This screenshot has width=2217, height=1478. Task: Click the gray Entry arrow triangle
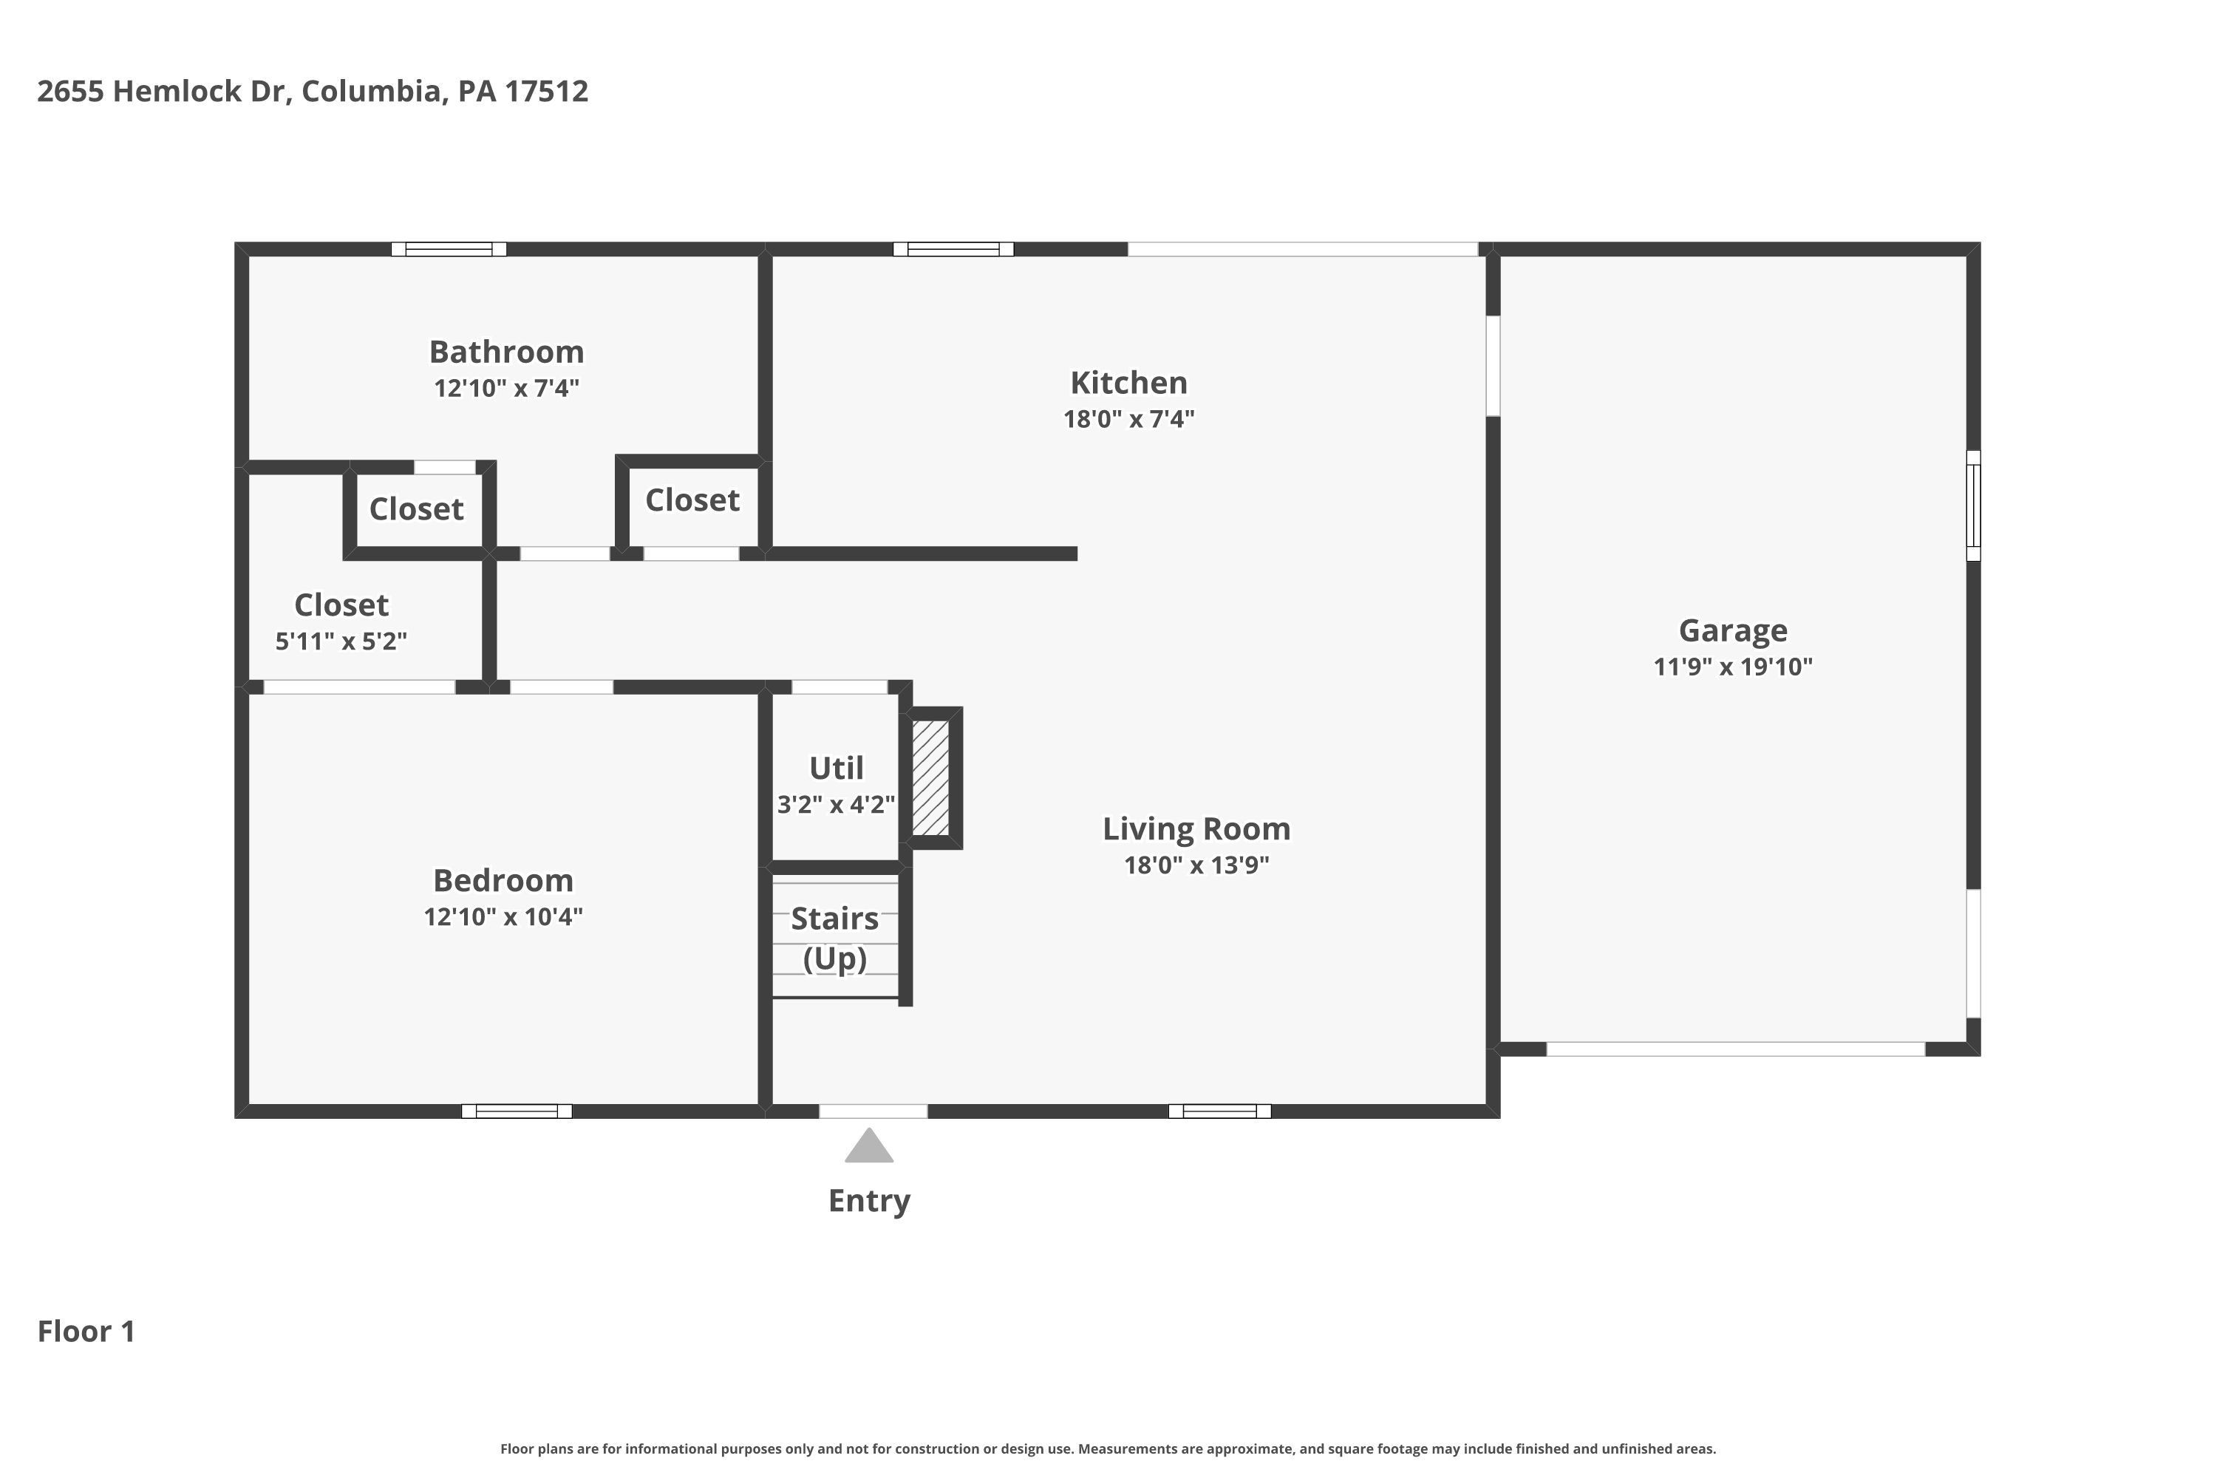tap(868, 1146)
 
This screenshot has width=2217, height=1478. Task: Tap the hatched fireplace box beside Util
tap(930, 777)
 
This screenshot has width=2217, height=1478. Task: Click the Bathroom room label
tap(506, 352)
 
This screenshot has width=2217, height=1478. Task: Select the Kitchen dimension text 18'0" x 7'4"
tap(1128, 418)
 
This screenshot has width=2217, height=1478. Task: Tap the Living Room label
tap(1196, 828)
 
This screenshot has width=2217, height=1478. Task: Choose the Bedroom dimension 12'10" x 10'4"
tap(503, 916)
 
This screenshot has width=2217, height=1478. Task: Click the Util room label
tap(836, 769)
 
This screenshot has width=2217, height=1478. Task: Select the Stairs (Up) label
tap(835, 938)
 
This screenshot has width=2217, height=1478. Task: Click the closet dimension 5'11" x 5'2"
tap(341, 641)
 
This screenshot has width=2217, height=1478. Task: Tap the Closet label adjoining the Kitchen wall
tap(692, 500)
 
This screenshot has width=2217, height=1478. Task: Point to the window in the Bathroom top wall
tap(449, 249)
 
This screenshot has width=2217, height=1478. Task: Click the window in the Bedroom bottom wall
tap(517, 1111)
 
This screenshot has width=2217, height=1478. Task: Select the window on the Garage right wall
tap(1973, 505)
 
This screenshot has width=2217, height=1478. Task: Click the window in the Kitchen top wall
tap(953, 249)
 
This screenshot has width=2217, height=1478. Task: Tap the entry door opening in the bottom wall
tap(873, 1111)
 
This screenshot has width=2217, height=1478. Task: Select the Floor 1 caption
tap(86, 1331)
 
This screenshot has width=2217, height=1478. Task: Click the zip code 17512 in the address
tap(546, 92)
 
